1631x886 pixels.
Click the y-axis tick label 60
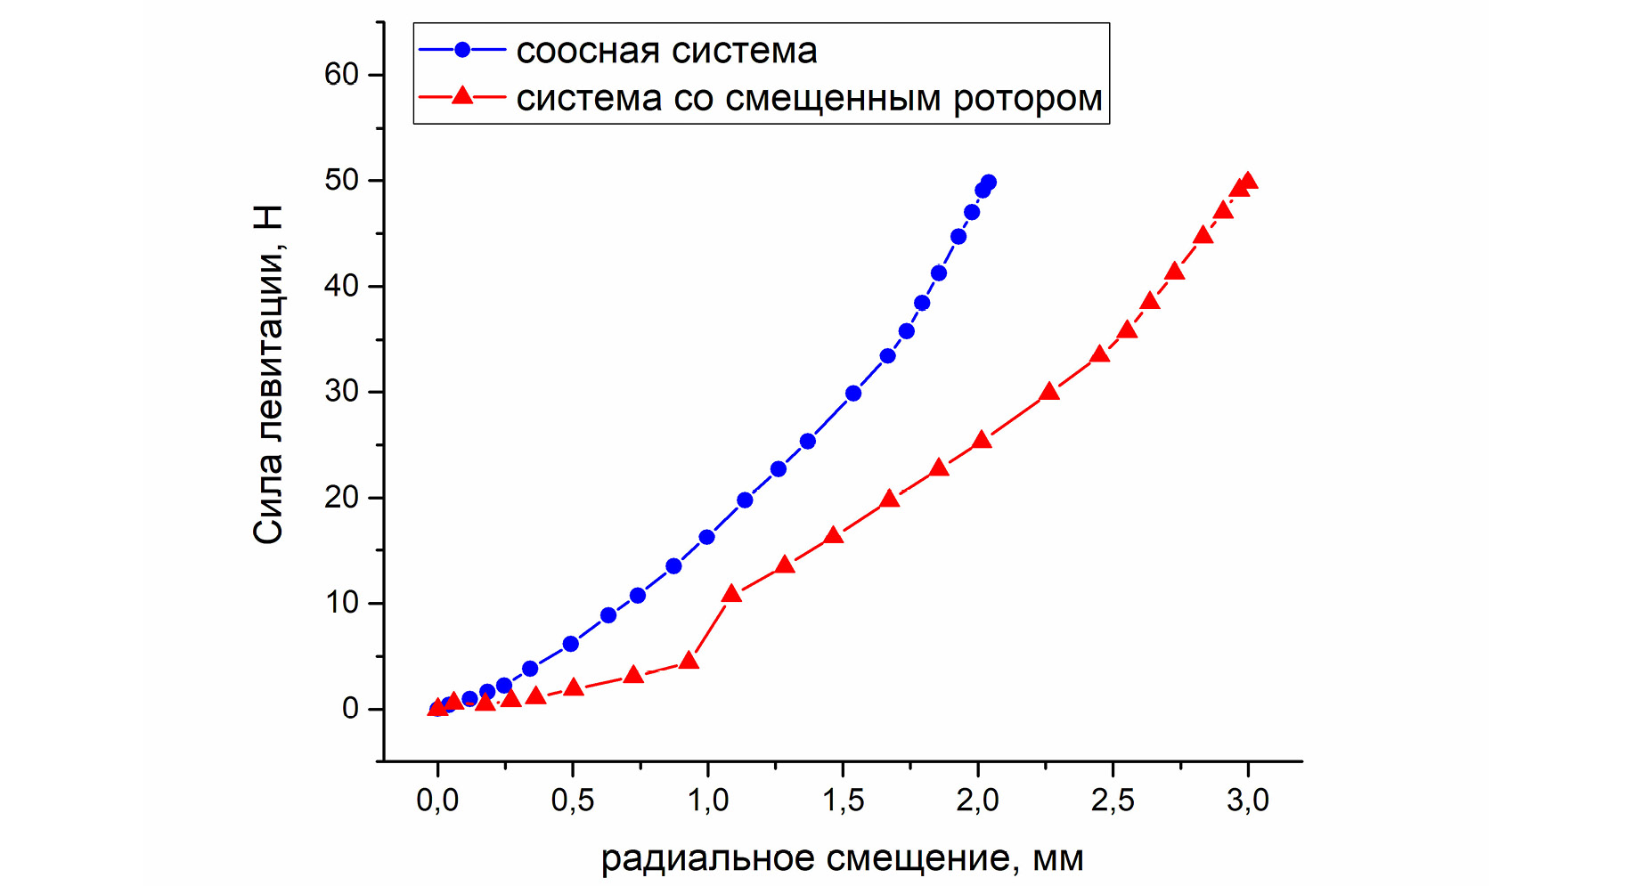coord(341,75)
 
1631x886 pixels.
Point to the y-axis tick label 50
coord(341,181)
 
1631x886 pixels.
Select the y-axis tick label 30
coord(341,392)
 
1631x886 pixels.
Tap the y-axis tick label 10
coord(341,604)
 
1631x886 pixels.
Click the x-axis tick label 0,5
coord(572,801)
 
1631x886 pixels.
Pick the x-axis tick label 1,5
coord(843,801)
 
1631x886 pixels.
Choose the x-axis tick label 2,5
coord(1113,801)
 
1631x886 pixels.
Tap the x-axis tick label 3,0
coord(1248,801)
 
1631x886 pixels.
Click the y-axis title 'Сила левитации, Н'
coord(268,374)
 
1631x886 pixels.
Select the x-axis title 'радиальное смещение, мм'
coord(842,859)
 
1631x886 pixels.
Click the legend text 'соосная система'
coord(666,51)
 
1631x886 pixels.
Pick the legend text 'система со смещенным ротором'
coord(809,98)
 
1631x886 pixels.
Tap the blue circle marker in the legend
coord(462,50)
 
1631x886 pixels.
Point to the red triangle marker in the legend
coord(462,96)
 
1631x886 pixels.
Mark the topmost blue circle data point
coord(988,183)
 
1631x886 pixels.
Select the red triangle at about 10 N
coord(731,595)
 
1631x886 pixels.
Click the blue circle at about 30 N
coord(853,394)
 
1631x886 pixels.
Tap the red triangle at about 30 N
coord(1049,392)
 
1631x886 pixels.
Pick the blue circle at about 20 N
coord(745,500)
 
